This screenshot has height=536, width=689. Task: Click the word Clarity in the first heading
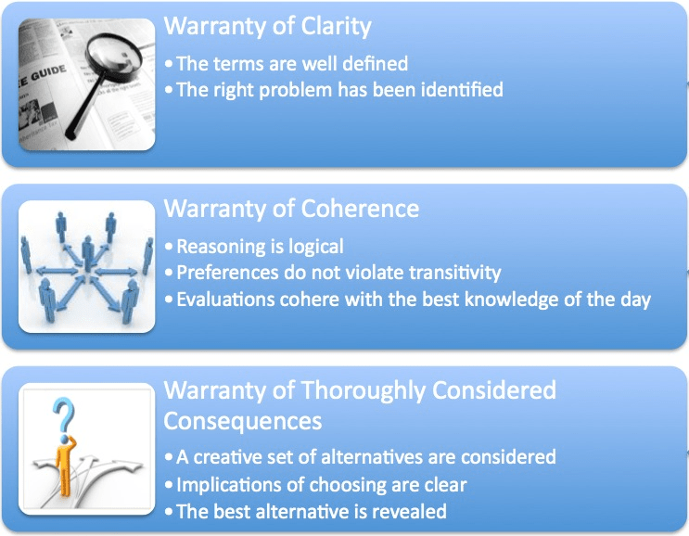[x=336, y=27]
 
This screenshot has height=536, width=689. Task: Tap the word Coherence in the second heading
[x=360, y=209]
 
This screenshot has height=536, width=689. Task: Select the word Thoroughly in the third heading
[x=364, y=391]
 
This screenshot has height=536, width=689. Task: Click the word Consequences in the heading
[x=243, y=421]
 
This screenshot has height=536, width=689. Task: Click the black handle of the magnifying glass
[x=84, y=108]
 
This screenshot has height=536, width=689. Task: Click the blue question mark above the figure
[x=64, y=415]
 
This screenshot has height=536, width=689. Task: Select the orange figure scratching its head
[x=65, y=465]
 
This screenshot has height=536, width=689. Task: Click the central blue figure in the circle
[x=88, y=252]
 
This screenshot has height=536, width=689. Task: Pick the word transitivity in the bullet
[x=454, y=273]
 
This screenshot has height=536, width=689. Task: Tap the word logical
[x=316, y=247]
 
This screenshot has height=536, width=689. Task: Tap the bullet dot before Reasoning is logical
[x=169, y=247]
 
